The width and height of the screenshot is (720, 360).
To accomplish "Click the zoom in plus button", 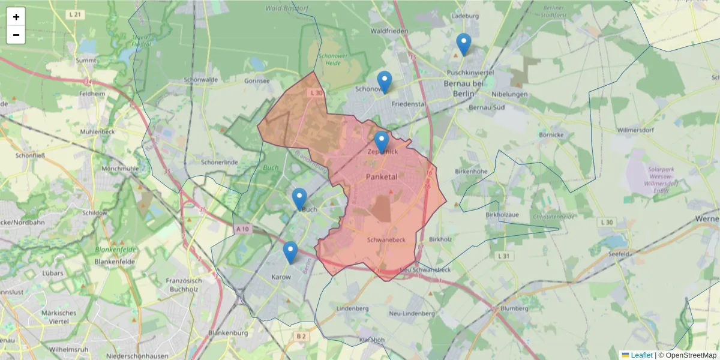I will coord(16,17).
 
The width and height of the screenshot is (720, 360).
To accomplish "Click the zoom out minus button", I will coord(16,35).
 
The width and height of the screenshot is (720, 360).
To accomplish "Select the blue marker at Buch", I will coord(299,199).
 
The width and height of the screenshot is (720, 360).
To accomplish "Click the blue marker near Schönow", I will coord(385,82).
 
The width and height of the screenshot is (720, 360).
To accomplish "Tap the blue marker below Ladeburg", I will coord(464,44).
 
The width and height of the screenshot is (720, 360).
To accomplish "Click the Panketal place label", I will coord(382,176).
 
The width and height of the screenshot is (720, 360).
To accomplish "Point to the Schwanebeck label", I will coord(386,239).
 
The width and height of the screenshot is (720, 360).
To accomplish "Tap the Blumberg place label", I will coord(514,308).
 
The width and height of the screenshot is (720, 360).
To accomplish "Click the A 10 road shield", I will coord(242,229).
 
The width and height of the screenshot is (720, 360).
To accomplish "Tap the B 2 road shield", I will coord(301,337).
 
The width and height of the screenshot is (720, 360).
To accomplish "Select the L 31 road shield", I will coord(504,256).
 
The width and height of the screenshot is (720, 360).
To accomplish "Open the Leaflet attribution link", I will coord(641,355).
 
